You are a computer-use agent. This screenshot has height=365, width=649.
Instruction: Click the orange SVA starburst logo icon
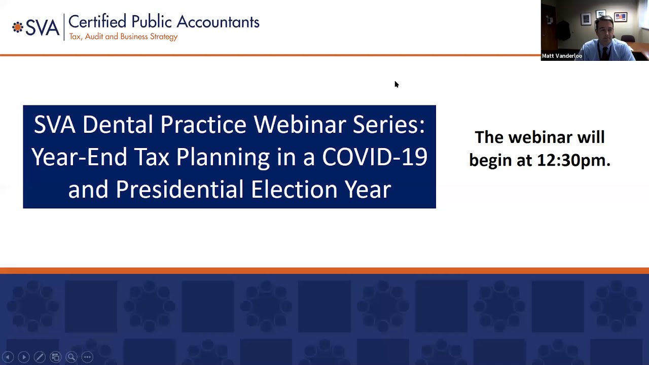click(x=18, y=27)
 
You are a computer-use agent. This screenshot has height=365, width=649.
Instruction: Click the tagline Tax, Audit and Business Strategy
click(x=123, y=37)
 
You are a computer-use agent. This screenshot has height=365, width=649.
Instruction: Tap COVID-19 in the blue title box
click(x=375, y=157)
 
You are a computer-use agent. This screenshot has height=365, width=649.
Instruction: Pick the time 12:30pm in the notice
click(x=573, y=160)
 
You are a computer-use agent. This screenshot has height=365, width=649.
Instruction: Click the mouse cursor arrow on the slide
click(x=396, y=84)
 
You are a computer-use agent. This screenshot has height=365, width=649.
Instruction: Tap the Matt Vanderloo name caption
click(x=562, y=56)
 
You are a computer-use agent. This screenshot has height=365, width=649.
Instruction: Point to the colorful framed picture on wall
click(x=620, y=18)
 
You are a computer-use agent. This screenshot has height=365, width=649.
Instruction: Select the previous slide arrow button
click(x=8, y=357)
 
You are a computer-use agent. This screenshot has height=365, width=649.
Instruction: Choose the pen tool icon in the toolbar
click(x=40, y=357)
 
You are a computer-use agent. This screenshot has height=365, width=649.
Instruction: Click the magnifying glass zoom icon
click(x=71, y=357)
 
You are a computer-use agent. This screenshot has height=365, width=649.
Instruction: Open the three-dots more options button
click(x=87, y=357)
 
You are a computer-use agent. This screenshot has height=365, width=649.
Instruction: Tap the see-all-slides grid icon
click(x=55, y=357)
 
